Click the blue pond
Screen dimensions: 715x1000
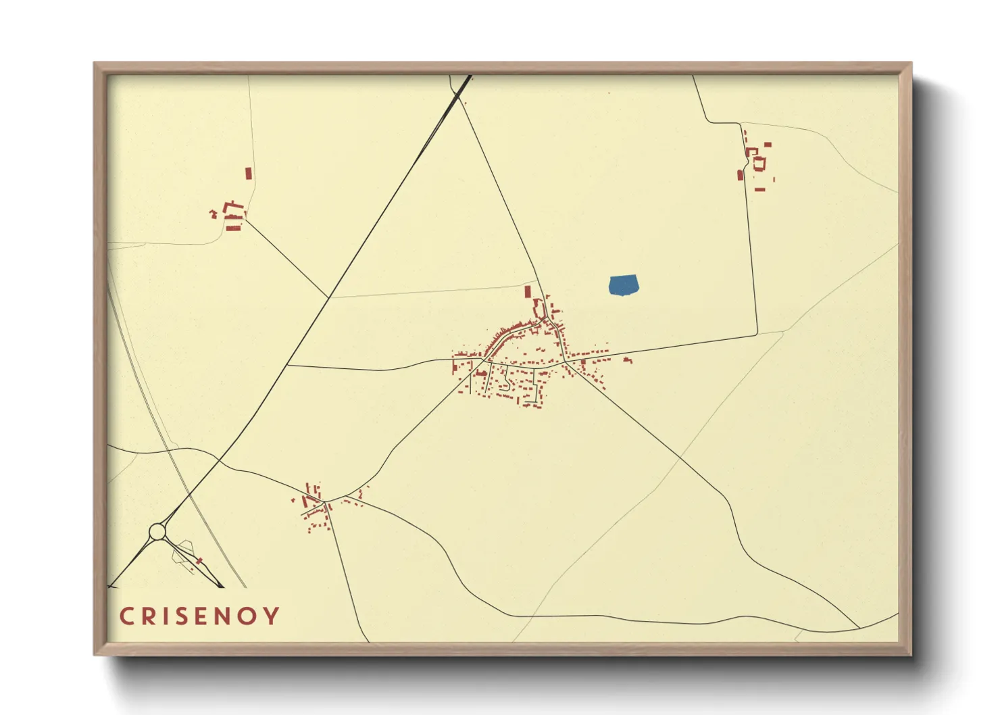tap(624, 285)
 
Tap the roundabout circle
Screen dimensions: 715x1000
tap(157, 532)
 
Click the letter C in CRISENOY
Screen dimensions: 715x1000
tap(126, 616)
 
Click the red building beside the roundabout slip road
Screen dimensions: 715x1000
tap(199, 561)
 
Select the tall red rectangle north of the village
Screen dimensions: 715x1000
tap(528, 292)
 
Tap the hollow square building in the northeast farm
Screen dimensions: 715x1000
tap(759, 164)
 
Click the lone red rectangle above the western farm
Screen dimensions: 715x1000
tap(248, 174)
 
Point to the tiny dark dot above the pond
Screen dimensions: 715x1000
tap(609, 93)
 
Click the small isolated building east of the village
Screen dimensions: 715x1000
tap(627, 360)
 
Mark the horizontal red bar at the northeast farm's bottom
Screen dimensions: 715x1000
tap(759, 190)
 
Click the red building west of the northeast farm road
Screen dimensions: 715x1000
tap(740, 175)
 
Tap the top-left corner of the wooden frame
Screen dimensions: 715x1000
tap(95, 64)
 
